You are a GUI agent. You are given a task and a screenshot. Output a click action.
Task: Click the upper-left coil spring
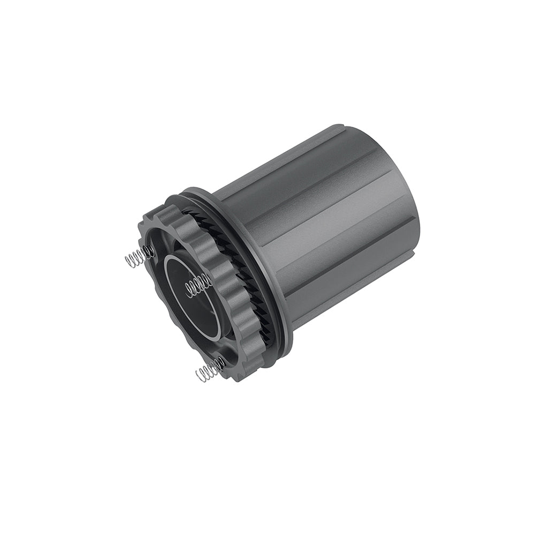point(138,256)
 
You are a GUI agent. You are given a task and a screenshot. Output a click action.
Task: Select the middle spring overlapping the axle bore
point(197,286)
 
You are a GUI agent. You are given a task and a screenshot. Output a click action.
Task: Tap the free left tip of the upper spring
point(126,262)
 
